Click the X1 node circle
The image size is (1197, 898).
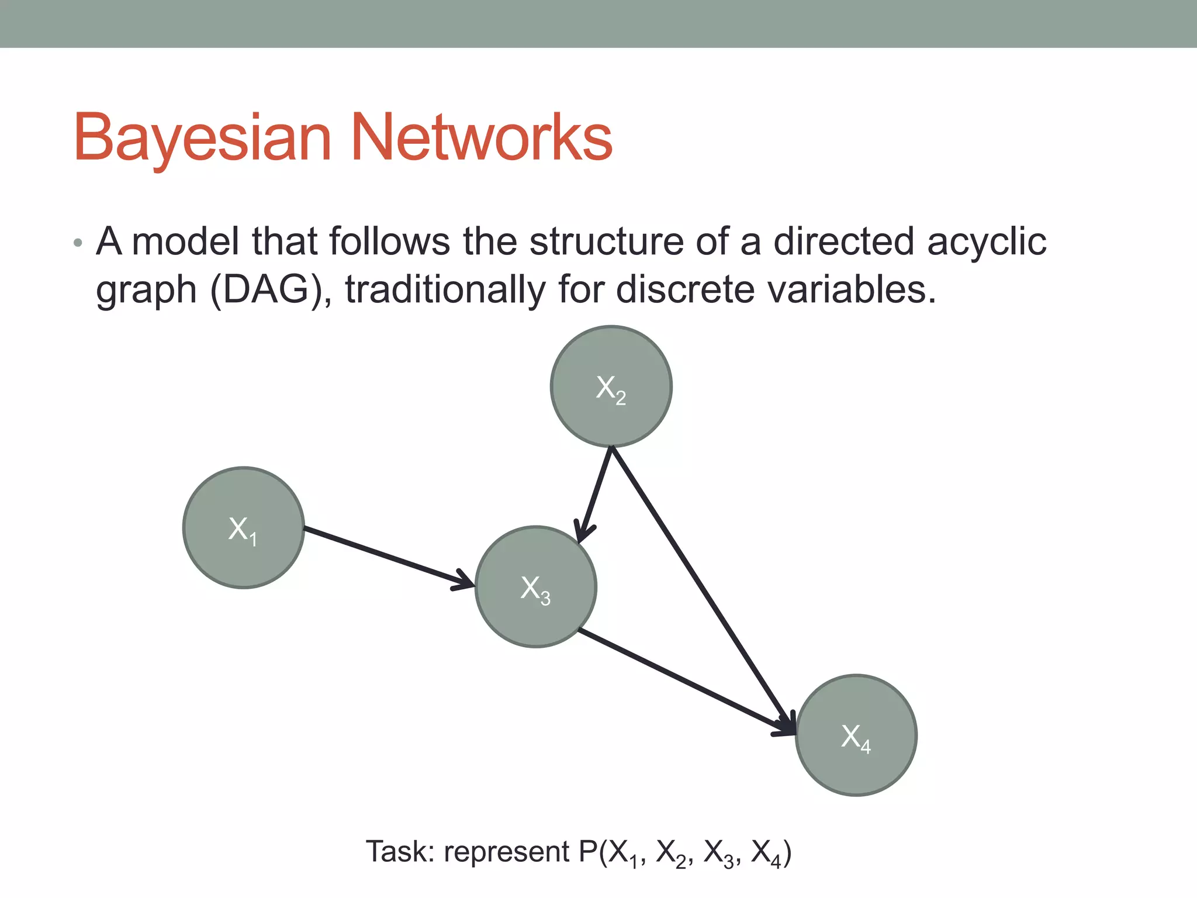click(243, 527)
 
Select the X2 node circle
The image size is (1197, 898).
click(611, 386)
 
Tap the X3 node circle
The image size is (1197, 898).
click(535, 586)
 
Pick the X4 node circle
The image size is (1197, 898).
click(856, 735)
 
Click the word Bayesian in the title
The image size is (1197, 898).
click(202, 138)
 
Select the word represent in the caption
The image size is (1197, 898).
click(506, 852)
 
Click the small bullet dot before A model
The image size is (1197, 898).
click(78, 243)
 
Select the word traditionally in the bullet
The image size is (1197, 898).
click(445, 290)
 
